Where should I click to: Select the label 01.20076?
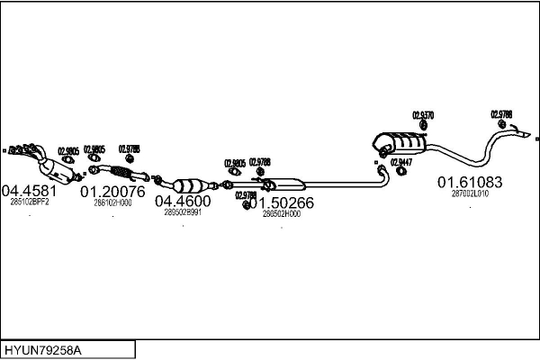112,192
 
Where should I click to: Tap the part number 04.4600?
183,202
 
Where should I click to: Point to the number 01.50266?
286,203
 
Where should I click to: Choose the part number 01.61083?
470,182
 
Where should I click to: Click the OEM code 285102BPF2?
30,202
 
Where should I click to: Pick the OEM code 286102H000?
112,203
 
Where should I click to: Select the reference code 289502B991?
183,213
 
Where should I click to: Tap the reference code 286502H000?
282,214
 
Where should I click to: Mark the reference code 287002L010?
470,193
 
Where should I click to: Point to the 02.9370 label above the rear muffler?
423,115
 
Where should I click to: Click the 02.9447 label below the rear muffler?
400,162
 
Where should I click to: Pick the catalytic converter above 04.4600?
191,180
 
